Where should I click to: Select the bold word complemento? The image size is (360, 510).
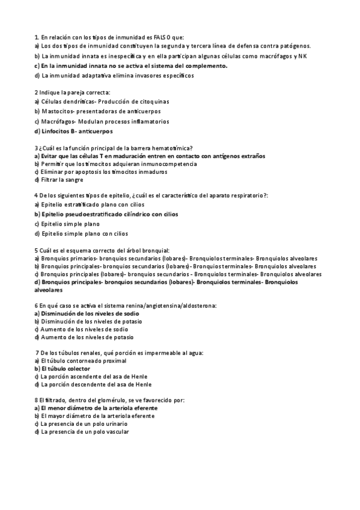(x=206, y=66)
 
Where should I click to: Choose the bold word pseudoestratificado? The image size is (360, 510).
(x=91, y=214)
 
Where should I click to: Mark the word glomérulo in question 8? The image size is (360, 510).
(x=96, y=400)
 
